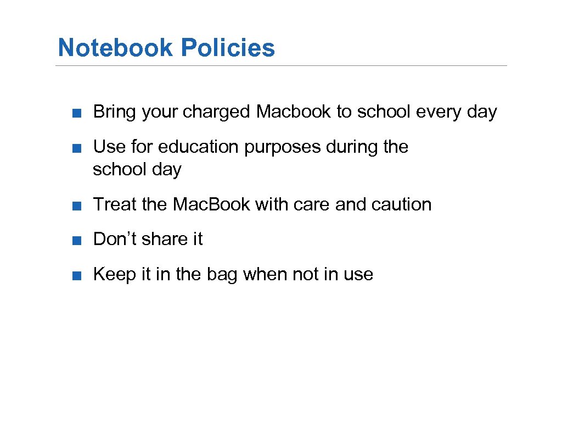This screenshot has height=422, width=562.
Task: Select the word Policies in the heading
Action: click(x=228, y=48)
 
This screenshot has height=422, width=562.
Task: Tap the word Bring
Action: click(x=115, y=112)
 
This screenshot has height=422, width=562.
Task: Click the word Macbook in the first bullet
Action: click(x=294, y=112)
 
